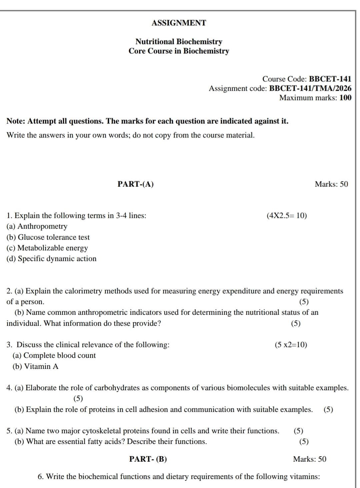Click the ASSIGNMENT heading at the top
[x=179, y=23]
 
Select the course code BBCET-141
[x=330, y=79]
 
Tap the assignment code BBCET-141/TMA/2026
[x=310, y=88]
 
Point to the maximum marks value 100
[x=345, y=98]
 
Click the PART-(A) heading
[x=135, y=184]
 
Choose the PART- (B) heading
[x=148, y=459]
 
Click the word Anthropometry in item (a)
[x=42, y=226]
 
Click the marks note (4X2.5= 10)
[x=287, y=215]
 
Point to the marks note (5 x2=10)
[x=291, y=345]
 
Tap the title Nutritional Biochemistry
[x=179, y=42]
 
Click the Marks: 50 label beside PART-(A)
[x=331, y=184]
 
